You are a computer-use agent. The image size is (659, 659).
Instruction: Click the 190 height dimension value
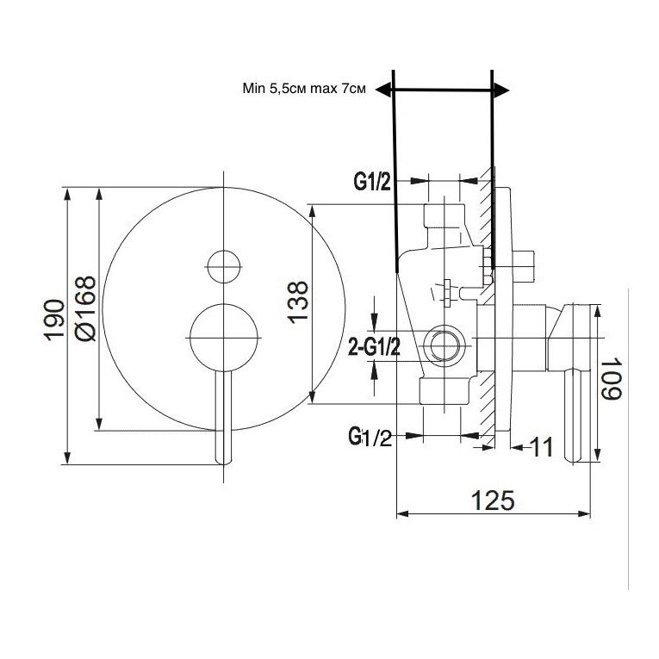54,320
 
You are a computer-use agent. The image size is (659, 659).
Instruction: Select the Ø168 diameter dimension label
85,308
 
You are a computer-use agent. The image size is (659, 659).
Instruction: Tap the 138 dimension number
298,302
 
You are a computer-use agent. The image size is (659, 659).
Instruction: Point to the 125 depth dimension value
493,500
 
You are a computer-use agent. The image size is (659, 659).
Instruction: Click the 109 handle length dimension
611,379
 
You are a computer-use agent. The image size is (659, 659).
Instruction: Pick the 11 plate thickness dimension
542,447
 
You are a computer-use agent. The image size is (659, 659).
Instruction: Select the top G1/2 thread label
372,183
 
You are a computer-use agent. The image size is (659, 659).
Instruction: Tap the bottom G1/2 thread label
370,437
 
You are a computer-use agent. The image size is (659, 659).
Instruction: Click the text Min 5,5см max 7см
304,89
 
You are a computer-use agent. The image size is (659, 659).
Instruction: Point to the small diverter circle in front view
224,266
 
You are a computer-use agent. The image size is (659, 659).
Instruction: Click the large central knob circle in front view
224,338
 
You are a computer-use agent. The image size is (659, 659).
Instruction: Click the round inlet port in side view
445,345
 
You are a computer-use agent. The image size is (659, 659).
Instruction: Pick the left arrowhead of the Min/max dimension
383,90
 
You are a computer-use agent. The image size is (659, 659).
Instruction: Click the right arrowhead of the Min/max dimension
501,90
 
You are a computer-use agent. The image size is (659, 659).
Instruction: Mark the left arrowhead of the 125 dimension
402,513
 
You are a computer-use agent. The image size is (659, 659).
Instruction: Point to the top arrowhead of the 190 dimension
67,195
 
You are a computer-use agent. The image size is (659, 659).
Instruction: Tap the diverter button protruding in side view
523,266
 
